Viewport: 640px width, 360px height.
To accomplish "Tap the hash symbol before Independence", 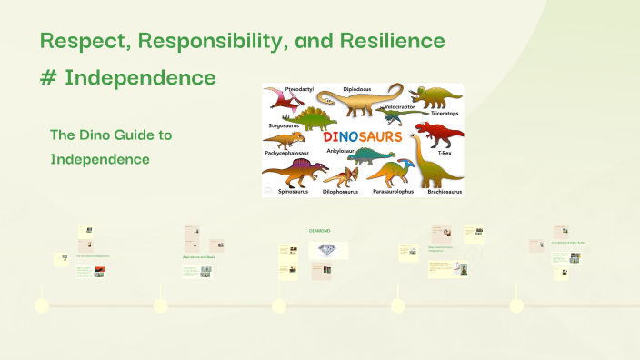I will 49,77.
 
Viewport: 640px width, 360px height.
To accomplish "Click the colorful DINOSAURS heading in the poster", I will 362,137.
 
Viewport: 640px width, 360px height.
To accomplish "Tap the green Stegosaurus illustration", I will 309,117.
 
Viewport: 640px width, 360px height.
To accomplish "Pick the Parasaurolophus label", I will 393,192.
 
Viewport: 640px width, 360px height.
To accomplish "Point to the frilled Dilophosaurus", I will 340,175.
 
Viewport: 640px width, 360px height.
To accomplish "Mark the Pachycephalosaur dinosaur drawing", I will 284,140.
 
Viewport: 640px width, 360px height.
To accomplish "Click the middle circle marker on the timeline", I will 279,306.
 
